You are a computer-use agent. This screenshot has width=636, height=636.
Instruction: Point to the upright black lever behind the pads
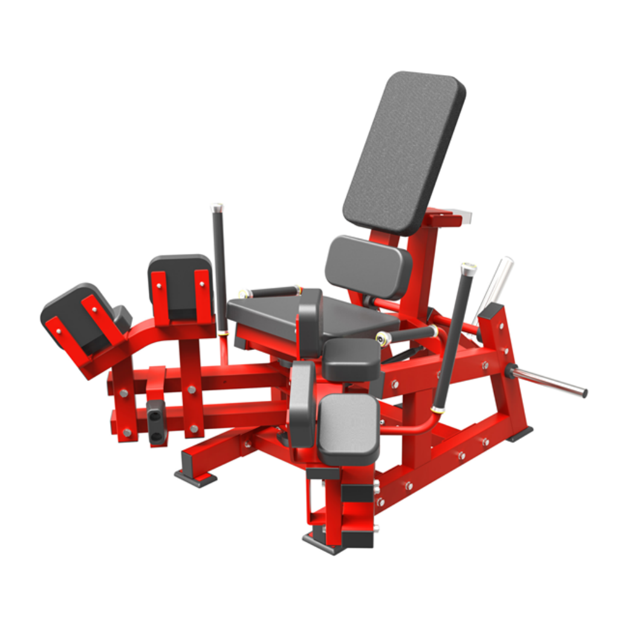click(220, 266)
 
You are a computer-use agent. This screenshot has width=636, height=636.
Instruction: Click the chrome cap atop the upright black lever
click(216, 207)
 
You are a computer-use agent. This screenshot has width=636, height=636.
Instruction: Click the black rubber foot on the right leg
click(520, 434)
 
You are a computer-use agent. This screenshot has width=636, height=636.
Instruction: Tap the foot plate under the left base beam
click(195, 478)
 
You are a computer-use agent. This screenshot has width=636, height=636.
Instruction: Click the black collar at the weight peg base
click(511, 371)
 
